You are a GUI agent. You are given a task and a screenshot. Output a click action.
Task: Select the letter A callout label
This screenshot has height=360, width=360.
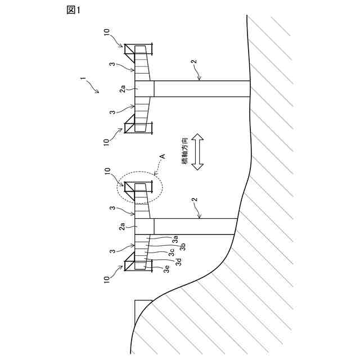pyautogui.click(x=163, y=155)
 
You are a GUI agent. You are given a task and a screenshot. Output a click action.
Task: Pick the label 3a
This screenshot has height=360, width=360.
pyautogui.click(x=175, y=239)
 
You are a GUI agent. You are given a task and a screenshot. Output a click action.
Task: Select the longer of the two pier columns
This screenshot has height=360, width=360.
pyautogui.click(x=202, y=88)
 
